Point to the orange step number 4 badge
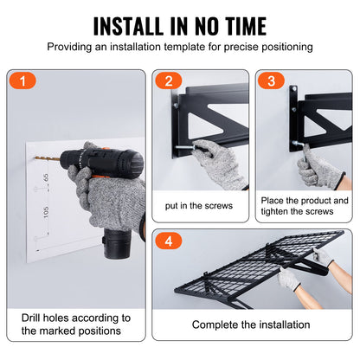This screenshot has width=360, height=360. pos(168,241)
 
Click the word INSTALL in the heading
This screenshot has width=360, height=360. pos(133,23)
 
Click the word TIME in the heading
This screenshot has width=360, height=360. pos(240,23)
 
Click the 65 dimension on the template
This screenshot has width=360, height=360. pos(44,177)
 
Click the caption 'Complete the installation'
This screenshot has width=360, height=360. pos(252,325)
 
